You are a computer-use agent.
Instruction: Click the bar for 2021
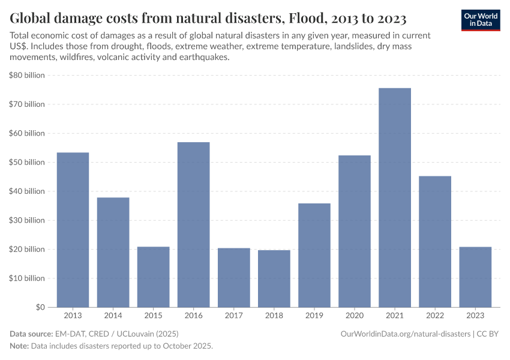395,197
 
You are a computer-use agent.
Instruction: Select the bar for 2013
73,229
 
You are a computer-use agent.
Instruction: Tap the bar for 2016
194,224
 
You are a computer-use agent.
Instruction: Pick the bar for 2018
274,278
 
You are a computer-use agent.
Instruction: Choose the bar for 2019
314,255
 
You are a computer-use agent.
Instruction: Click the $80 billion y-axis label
28,75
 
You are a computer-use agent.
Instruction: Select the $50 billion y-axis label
28,162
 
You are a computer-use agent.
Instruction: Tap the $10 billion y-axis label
28,278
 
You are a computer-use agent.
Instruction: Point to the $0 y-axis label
39,307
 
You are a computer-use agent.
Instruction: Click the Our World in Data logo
481,20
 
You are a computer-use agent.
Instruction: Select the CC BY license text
488,334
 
